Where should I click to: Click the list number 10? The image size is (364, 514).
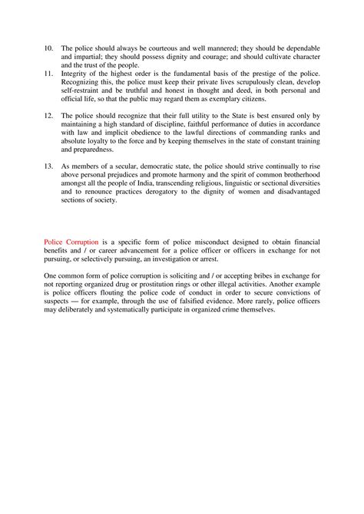[48, 48]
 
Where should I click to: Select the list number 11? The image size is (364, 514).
[48, 74]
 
